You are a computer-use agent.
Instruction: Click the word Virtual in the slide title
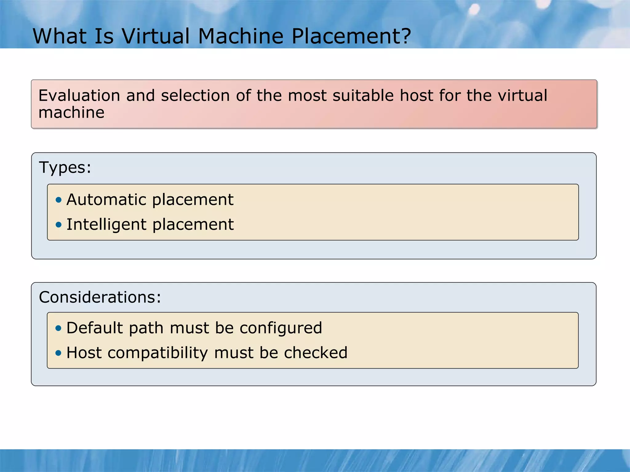[x=156, y=36]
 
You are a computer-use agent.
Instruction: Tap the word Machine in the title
[x=241, y=36]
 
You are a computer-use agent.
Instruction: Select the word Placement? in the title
[x=351, y=36]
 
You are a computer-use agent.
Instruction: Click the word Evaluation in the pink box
[x=79, y=95]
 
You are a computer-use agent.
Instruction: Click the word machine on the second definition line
[x=71, y=112]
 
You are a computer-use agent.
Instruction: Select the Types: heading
[x=65, y=168]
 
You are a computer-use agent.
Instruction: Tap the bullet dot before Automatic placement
[x=58, y=200]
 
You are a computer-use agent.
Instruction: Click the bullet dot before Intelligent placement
[x=58, y=225]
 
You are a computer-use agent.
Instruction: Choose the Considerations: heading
[x=100, y=297]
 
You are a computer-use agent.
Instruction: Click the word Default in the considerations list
[x=95, y=328]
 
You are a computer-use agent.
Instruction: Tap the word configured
[x=281, y=328]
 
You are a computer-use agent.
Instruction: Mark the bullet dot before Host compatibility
[x=58, y=353]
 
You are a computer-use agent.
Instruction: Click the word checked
[x=316, y=353]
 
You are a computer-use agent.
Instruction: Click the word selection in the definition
[x=195, y=95]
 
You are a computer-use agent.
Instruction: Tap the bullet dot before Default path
[x=58, y=328]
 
